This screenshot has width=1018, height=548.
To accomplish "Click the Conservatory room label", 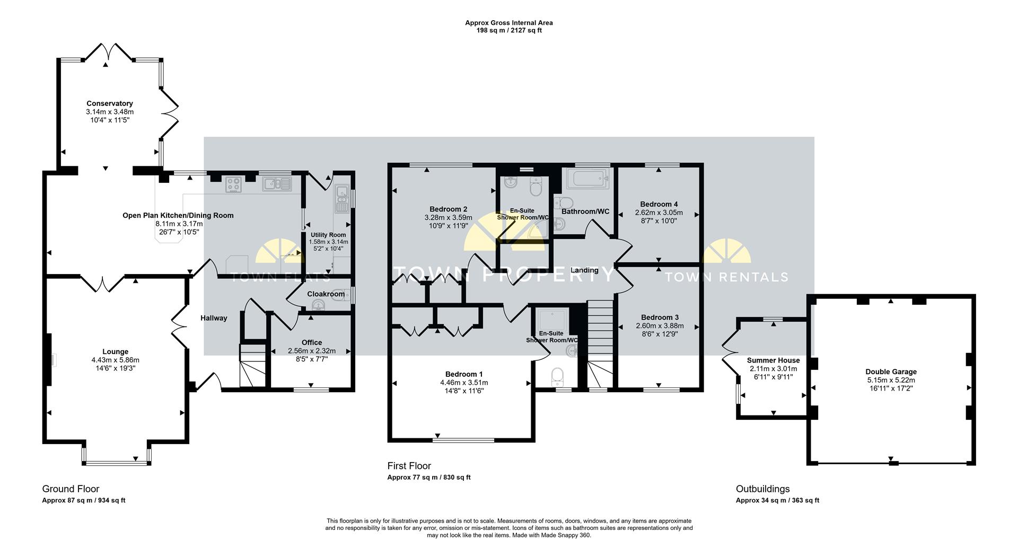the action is point(109,103).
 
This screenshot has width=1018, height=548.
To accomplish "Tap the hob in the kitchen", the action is point(234,184).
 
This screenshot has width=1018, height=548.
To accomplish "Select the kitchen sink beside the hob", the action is point(277,184).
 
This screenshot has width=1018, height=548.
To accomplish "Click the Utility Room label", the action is point(328,235).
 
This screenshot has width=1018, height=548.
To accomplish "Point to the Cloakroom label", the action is point(326,294).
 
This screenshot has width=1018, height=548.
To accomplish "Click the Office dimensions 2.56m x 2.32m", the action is point(312,351).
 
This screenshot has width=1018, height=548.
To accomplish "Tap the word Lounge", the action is point(116,351).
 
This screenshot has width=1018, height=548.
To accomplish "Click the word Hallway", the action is point(214,318).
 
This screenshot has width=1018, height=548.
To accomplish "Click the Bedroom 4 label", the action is point(659,204).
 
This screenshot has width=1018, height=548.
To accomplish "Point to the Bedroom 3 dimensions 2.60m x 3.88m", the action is point(660,326).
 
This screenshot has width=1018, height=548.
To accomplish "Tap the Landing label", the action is point(584,270).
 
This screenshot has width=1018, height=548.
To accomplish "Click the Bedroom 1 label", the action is point(464,374).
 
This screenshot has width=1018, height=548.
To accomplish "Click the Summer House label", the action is point(773,360).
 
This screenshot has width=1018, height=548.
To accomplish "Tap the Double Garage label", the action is point(891,372).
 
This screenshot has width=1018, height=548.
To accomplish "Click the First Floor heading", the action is point(409,466).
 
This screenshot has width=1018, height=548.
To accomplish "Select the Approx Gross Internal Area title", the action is point(509,23).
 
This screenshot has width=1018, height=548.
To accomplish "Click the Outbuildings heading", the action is point(762,489).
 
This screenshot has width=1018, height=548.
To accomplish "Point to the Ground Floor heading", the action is point(71,489).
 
